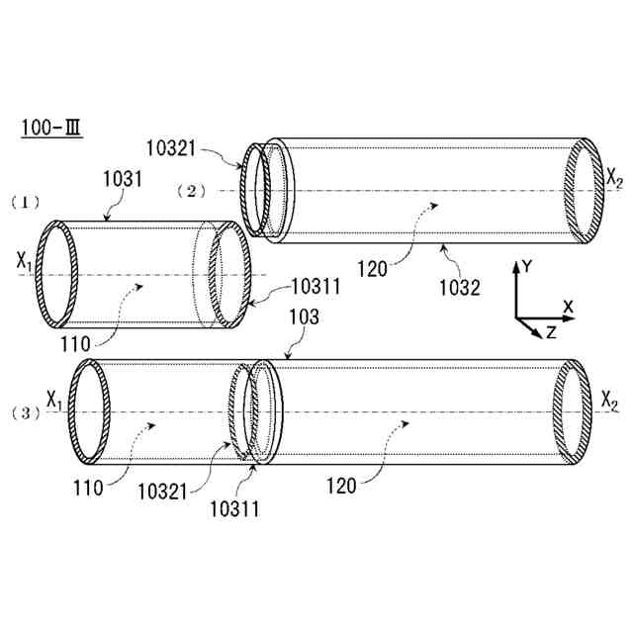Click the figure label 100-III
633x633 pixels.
pos(47,130)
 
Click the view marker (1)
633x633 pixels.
pos(25,201)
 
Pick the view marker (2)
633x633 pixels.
pos(190,189)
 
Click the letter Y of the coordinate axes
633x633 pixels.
pos(528,265)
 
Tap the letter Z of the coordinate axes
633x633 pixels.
pos(551,333)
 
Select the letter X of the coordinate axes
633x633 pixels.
pos(568,307)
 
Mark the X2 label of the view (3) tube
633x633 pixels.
pos(611,400)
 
